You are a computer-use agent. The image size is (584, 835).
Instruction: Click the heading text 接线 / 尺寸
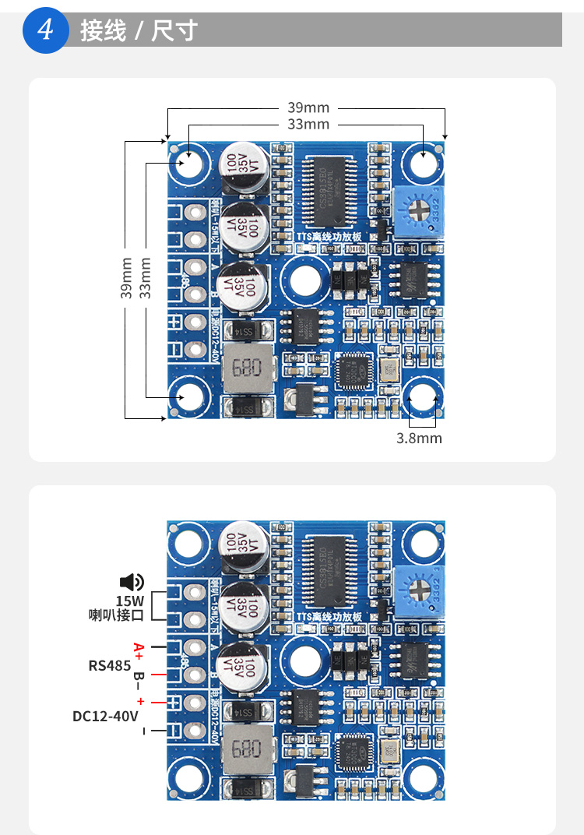[x=139, y=31]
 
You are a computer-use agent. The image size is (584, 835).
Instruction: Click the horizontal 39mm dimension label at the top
[x=308, y=107]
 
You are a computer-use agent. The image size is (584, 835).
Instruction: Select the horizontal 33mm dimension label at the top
[x=308, y=124]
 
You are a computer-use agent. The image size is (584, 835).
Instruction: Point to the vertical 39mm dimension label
[x=126, y=278]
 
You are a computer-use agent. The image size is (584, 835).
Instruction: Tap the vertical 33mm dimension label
[x=145, y=278]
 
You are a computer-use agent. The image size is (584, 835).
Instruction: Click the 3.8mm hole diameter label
[x=419, y=439]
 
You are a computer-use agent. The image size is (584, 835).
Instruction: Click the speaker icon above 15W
[x=132, y=582]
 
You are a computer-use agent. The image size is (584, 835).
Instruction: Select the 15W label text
[x=130, y=601]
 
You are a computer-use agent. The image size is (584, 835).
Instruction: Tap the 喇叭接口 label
[x=116, y=615]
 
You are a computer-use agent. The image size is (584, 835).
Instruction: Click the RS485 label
[x=109, y=665]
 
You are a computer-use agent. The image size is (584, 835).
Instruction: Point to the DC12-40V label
[x=105, y=716]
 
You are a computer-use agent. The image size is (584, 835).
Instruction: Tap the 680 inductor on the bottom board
[x=245, y=750]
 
